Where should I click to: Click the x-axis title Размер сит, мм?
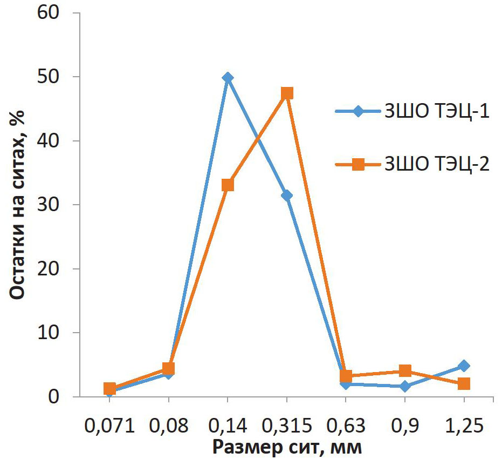tap(286, 447)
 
